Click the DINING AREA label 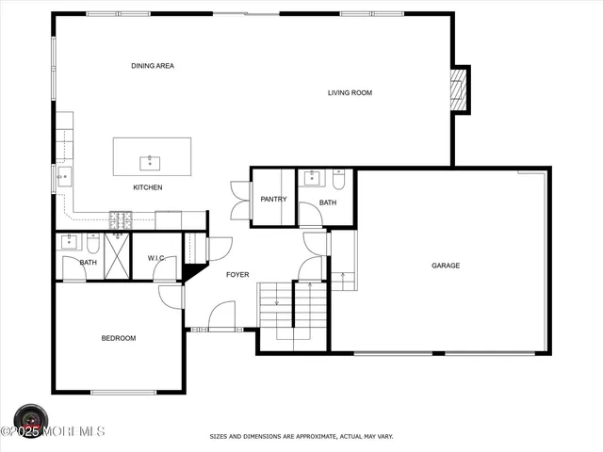point(153,66)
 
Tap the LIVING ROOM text point(350,92)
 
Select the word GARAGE point(446,266)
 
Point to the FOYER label point(237,274)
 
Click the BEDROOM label point(119,338)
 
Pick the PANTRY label point(273,199)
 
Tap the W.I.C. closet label point(155,258)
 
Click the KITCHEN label point(147,187)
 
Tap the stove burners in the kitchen point(121,220)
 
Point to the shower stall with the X point(117,255)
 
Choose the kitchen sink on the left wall point(62,175)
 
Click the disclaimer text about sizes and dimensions point(301,437)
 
